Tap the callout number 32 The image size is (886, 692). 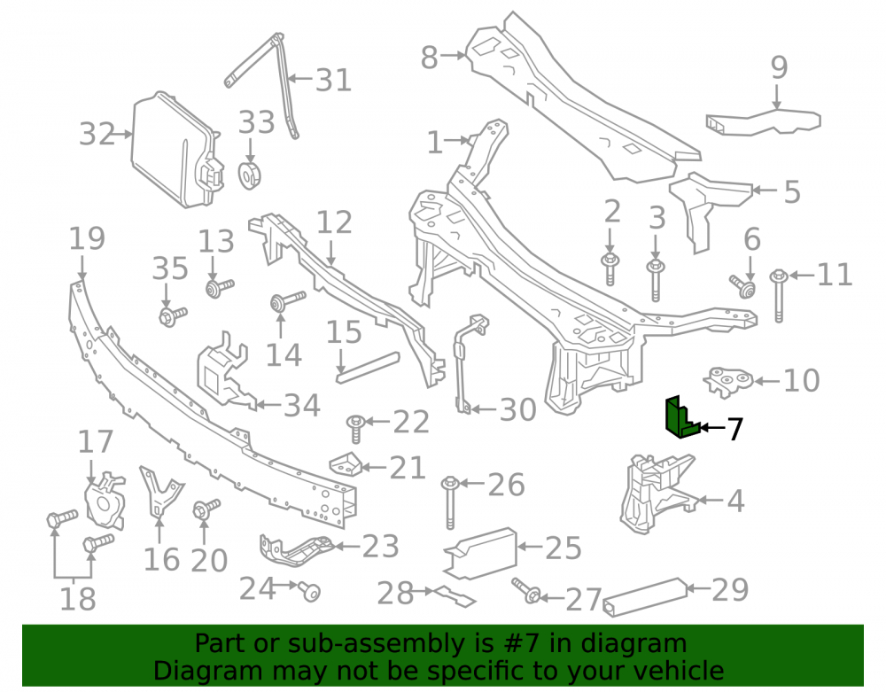point(97,134)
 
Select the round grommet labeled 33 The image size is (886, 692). point(249,175)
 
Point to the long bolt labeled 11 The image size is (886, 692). point(779,295)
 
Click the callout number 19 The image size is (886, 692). point(87,239)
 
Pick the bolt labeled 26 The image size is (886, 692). point(450,502)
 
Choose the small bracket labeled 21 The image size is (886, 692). point(345,464)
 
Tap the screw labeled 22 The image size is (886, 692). point(356,429)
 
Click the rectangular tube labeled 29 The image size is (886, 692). point(645,597)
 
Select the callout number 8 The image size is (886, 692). point(429,58)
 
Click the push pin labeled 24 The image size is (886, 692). point(310,592)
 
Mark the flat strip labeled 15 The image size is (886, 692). point(368,367)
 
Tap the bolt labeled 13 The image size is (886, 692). point(219,287)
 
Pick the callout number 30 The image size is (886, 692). point(517,409)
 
